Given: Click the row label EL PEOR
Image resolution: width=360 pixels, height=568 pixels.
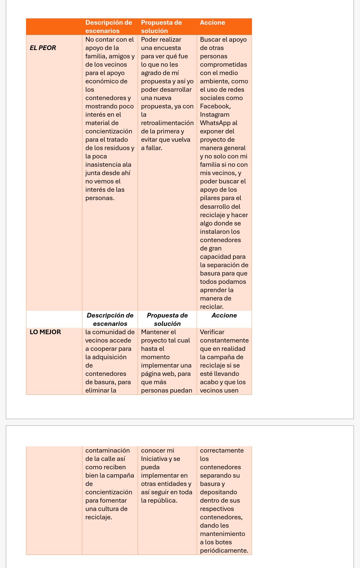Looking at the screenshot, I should tap(43, 48).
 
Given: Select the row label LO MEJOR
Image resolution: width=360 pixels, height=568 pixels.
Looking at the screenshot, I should tap(45, 332).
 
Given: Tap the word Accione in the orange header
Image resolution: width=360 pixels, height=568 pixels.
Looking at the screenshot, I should tap(212, 22).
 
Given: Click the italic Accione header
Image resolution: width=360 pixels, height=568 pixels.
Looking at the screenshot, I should tap(224, 315).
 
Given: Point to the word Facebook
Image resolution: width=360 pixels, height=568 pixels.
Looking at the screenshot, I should tap(215, 106).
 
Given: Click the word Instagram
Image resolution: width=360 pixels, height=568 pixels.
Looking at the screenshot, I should tap(215, 114).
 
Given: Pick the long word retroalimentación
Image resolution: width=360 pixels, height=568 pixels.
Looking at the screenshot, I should tap(167, 123).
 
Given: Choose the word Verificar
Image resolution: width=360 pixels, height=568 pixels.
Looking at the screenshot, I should tap(212, 332).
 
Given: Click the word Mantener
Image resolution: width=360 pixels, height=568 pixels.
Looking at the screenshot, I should tap(155, 332).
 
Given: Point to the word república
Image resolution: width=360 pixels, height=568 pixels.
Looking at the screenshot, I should tap(163, 500).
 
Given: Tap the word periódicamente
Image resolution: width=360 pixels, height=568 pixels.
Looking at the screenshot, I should tap(224, 550).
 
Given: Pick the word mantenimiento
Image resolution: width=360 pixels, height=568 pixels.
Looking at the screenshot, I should tap(222, 534).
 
